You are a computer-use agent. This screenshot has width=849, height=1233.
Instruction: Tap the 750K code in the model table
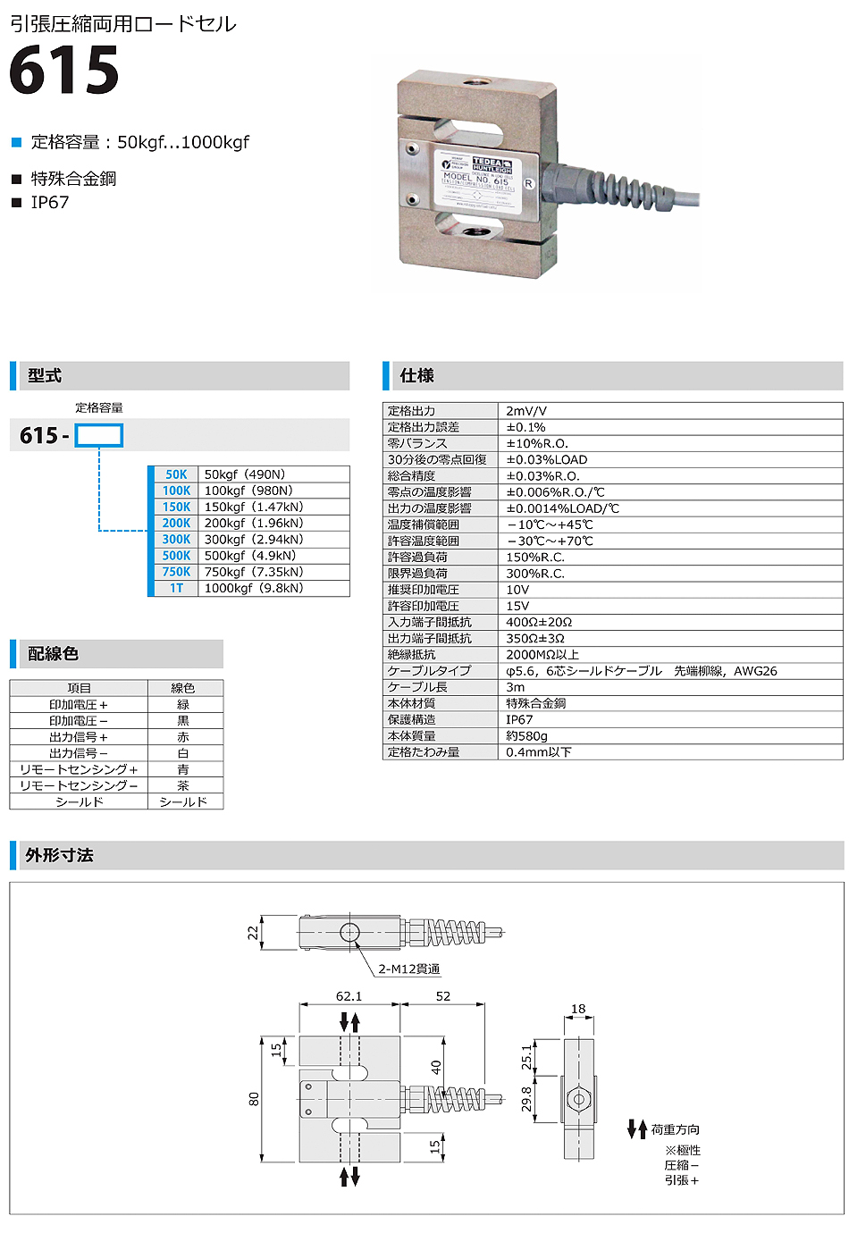176,572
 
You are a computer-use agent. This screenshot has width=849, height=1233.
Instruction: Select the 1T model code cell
176,588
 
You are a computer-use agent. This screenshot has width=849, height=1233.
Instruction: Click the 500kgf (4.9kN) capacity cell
249,556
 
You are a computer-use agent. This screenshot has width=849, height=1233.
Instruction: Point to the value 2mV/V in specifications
526,411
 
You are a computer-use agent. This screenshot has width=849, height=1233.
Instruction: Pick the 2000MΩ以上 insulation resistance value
542,655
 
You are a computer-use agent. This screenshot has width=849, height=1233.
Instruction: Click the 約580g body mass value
526,735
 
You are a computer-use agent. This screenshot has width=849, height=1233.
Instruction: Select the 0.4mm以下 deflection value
538,752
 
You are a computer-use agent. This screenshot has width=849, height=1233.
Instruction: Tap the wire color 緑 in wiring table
183,705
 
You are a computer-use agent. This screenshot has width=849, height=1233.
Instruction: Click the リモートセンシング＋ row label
79,769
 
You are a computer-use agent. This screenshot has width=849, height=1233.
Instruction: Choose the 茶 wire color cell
183,785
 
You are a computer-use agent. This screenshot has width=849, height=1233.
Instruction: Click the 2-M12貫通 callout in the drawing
408,969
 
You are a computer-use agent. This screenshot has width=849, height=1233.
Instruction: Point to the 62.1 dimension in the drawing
349,996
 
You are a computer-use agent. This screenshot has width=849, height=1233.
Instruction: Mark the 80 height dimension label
254,1098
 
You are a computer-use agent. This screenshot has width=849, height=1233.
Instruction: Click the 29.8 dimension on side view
526,1099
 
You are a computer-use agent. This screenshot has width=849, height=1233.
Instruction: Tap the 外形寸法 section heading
59,855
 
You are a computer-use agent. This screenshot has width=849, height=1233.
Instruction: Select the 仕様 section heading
416,375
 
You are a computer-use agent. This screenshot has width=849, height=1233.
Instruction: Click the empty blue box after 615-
98,435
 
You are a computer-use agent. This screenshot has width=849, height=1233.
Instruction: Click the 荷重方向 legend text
675,1129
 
